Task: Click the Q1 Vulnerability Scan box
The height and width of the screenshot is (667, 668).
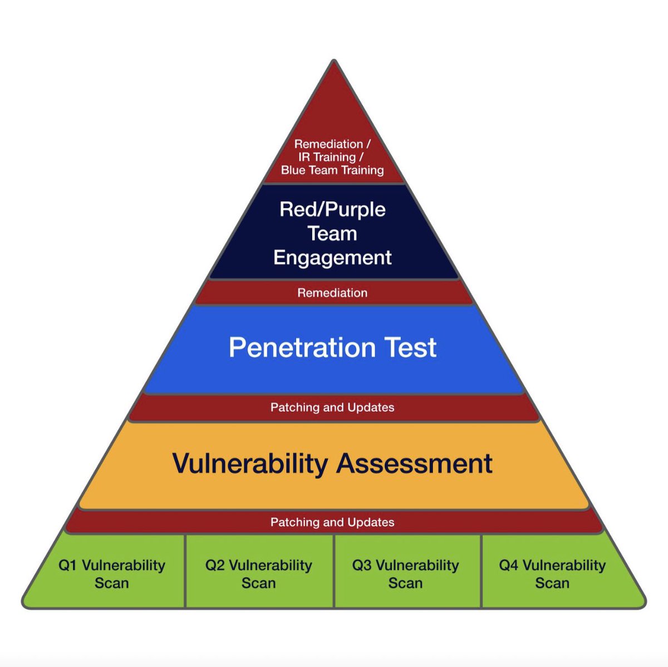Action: click(112, 573)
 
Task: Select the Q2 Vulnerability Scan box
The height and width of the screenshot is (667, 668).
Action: click(259, 573)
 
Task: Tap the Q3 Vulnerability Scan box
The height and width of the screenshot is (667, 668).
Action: click(406, 573)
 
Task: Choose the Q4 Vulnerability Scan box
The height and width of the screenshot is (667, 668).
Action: click(552, 573)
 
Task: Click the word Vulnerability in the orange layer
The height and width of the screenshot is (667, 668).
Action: click(249, 464)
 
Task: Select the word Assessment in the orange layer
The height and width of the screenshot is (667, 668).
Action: click(414, 464)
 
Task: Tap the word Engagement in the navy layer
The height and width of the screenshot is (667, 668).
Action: click(333, 258)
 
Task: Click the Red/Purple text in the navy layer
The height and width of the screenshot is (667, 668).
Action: click(333, 210)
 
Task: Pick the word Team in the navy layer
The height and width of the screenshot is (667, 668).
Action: click(333, 234)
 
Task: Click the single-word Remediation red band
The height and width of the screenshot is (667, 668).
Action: click(332, 293)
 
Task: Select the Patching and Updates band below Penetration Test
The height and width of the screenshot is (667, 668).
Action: click(332, 408)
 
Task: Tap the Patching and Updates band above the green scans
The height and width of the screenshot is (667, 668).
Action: click(332, 522)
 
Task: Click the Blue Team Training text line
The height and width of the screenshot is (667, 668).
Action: click(332, 170)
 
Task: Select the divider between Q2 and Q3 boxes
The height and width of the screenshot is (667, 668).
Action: click(334, 571)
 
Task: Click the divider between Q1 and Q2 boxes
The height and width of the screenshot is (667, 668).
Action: click(185, 571)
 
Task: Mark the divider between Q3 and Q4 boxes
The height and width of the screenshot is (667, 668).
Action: click(481, 571)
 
